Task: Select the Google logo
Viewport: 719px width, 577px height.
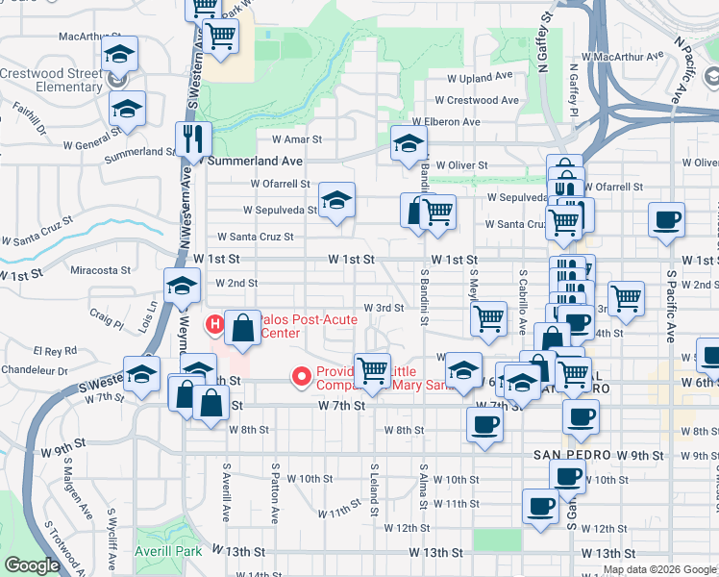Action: tap(32, 565)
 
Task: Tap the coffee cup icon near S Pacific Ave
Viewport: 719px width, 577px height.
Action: tap(666, 220)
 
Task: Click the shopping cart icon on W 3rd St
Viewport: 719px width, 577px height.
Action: tap(489, 319)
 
